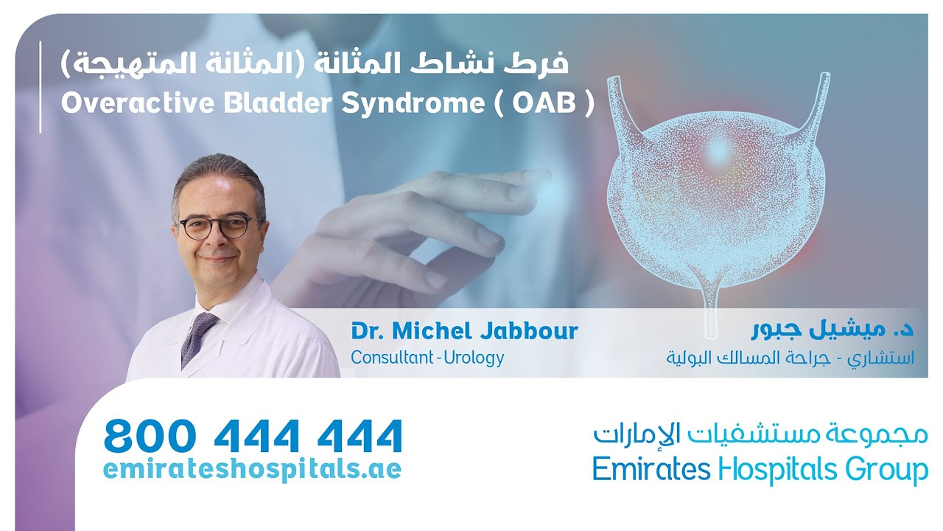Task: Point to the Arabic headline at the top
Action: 315,64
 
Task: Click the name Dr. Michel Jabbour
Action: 464,331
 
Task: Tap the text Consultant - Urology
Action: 427,358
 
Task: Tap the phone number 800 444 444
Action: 253,437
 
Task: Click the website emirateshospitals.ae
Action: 253,469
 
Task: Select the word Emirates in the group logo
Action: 651,469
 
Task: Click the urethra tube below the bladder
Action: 711,310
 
